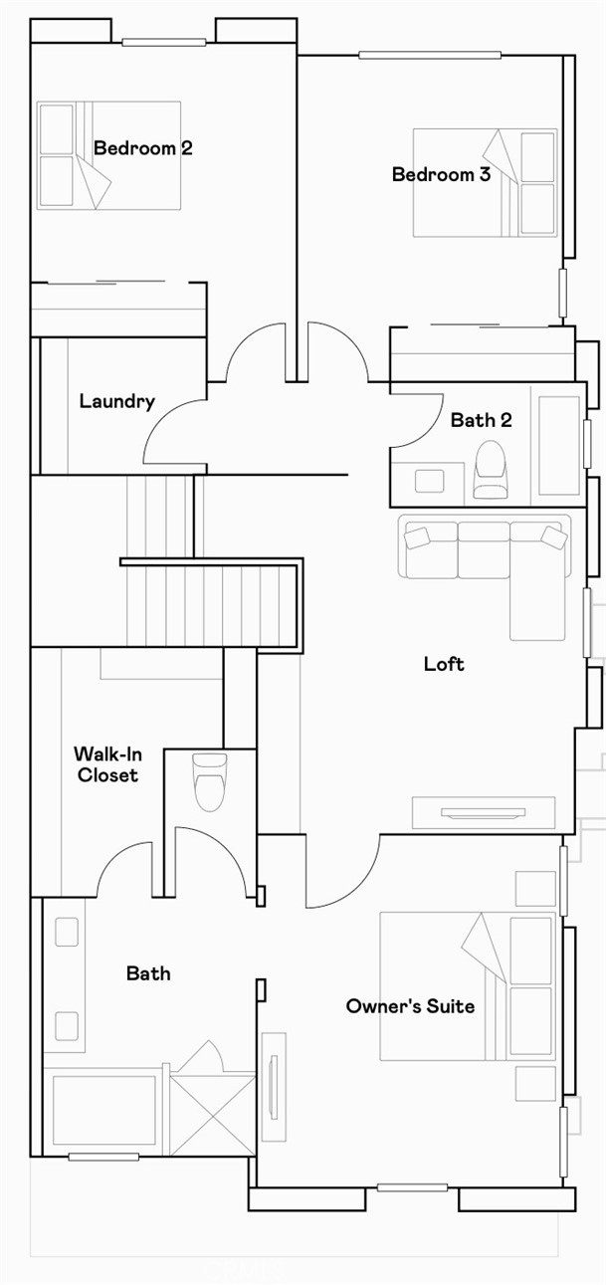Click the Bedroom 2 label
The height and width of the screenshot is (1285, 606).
click(142, 148)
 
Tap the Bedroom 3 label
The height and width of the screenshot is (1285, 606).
click(441, 175)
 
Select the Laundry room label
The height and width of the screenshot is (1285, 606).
click(116, 402)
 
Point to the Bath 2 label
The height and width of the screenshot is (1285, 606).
click(481, 420)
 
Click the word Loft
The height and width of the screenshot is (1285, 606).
click(444, 664)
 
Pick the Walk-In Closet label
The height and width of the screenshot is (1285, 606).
click(105, 764)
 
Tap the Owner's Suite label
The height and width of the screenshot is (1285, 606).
click(410, 1006)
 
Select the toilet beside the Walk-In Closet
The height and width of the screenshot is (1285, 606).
click(209, 781)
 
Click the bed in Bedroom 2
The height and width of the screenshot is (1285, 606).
click(108, 154)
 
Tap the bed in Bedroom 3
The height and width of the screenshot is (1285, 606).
click(485, 182)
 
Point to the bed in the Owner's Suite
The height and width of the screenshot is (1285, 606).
click(468, 985)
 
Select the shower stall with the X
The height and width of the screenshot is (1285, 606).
click(212, 1113)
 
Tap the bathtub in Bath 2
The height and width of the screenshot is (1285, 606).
click(558, 445)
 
